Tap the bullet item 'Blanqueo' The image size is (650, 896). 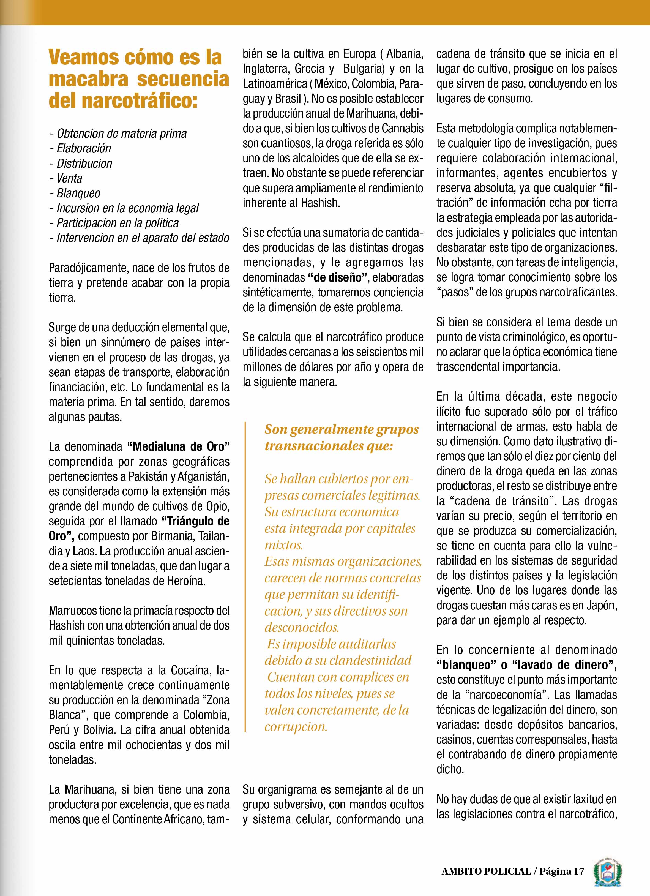click(78, 194)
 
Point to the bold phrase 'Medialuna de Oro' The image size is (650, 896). click(179, 447)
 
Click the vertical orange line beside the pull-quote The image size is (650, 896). click(245, 577)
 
